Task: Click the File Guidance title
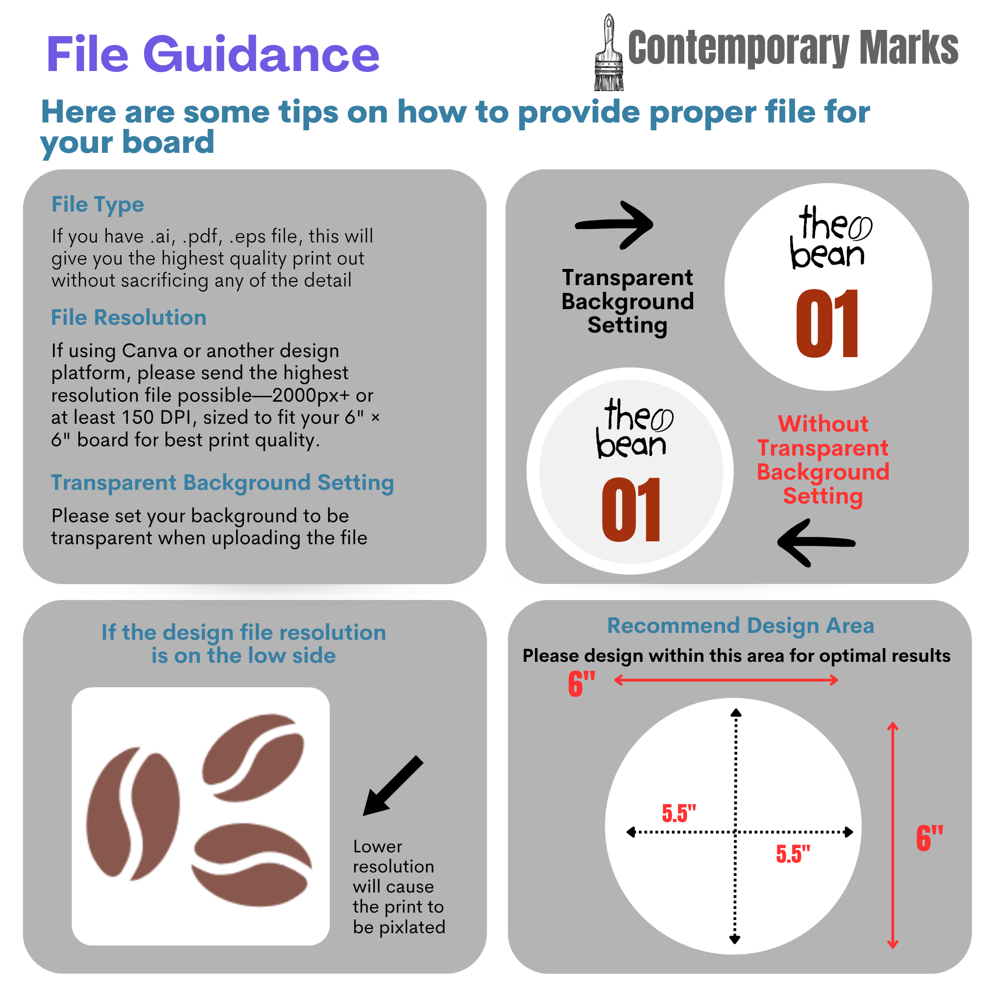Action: pos(213,54)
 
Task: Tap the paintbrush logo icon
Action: pos(609,52)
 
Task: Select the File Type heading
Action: pos(97,205)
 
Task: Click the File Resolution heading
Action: pos(129,317)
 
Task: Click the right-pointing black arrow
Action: pos(614,225)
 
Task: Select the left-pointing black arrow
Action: pos(817,543)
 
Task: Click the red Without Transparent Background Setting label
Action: pos(823,460)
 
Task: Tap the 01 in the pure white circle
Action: pos(827,323)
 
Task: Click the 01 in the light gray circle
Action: pos(631,509)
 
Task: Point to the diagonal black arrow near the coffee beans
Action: pos(393,786)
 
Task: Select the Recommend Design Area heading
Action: pos(740,626)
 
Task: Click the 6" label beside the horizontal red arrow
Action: pos(581,684)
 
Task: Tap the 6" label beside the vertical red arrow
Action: pos(930,839)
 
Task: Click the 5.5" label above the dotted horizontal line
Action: pos(679,814)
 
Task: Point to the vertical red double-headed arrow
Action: pos(893,835)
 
